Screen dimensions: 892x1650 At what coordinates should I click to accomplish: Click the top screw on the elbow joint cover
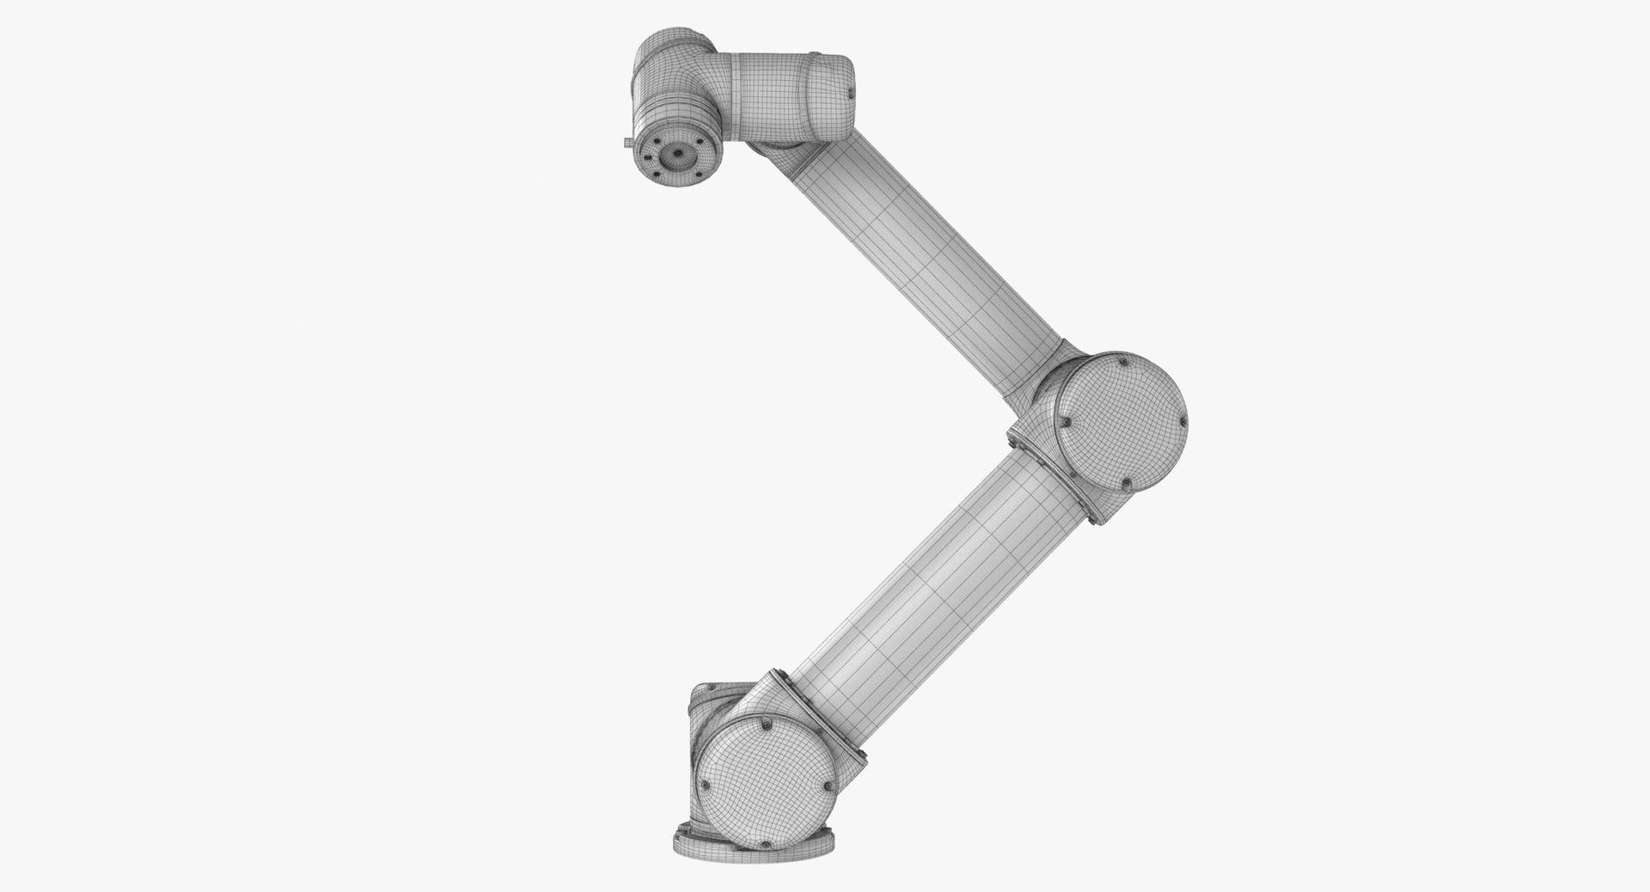pyautogui.click(x=1121, y=364)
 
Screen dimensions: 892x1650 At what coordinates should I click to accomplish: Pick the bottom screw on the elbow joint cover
pyautogui.click(x=1125, y=486)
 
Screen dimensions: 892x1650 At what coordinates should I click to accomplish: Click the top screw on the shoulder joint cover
pyautogui.click(x=763, y=727)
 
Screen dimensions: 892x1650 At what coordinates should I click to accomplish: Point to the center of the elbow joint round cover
pyautogui.click(x=1121, y=425)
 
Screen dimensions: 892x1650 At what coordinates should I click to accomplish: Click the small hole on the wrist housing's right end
pyautogui.click(x=851, y=90)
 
